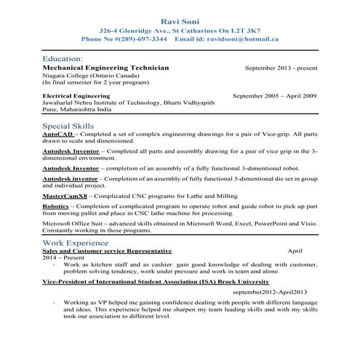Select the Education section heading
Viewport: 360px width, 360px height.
(63, 57)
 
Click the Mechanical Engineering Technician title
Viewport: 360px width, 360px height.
(106, 67)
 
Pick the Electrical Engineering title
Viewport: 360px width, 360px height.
(79, 95)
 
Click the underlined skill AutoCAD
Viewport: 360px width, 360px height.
(57, 135)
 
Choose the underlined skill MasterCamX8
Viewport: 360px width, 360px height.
(66, 196)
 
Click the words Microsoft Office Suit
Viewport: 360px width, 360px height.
(73, 225)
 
